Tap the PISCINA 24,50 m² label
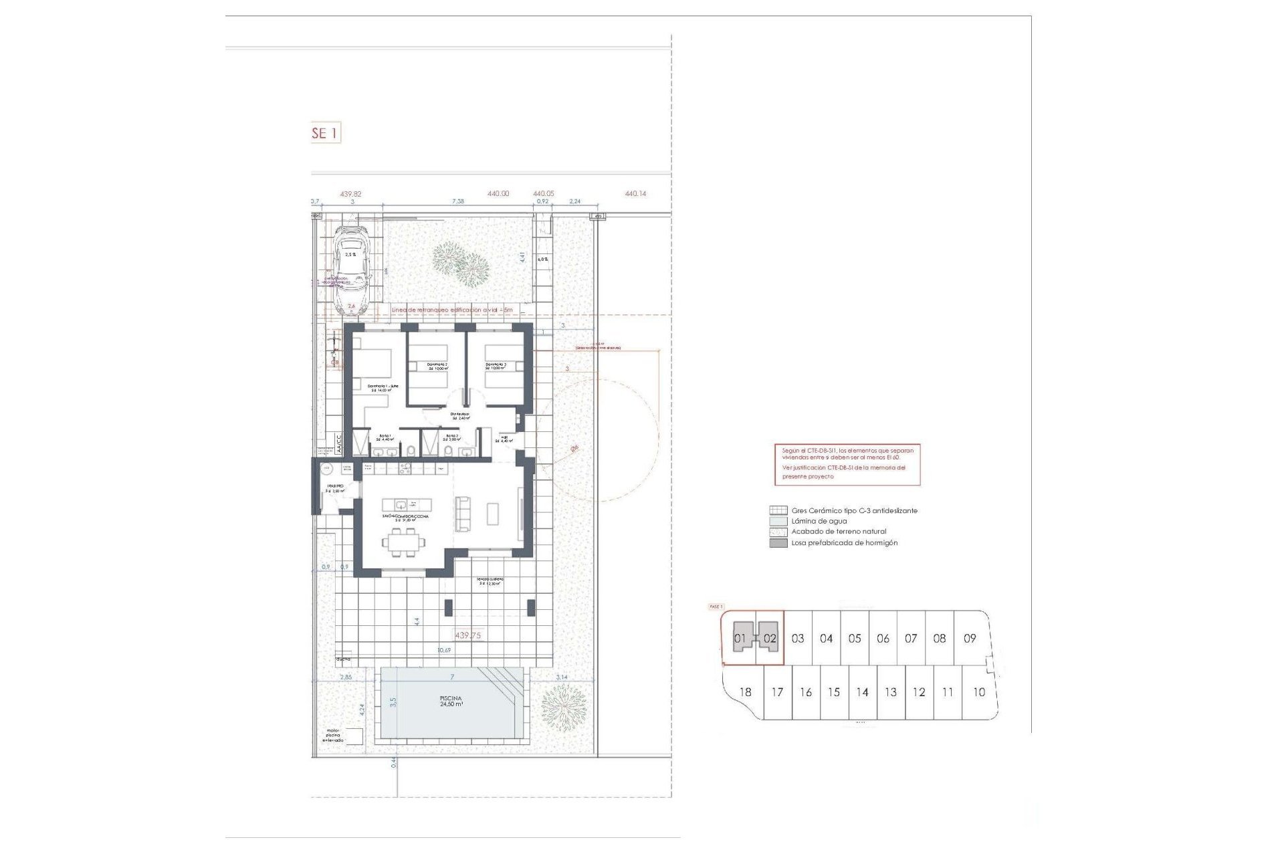(x=451, y=702)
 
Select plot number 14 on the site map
(x=862, y=693)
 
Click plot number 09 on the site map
(x=970, y=639)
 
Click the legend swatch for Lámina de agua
(x=778, y=521)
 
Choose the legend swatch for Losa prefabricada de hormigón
(x=778, y=543)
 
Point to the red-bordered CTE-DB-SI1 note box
(x=847, y=464)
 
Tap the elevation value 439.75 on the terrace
(x=467, y=636)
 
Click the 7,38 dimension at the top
(x=458, y=201)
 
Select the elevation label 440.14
(x=635, y=194)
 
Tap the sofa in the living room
(x=462, y=514)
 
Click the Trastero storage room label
(x=335, y=489)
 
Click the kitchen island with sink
(x=407, y=504)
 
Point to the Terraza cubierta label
(x=490, y=581)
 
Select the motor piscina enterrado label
(x=332, y=736)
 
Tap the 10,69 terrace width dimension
(x=444, y=650)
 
